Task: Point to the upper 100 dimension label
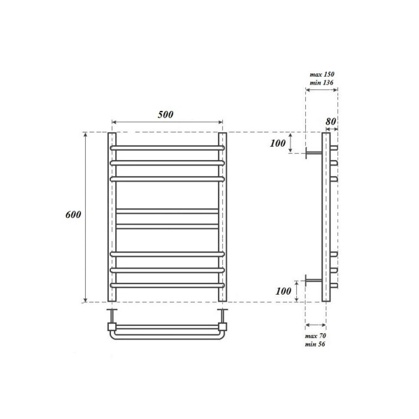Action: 277,143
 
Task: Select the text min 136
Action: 321,82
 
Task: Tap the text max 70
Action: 316,337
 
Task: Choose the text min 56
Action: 316,345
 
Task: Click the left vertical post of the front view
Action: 111,217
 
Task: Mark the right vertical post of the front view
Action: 223,217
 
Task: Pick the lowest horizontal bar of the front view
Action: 167,286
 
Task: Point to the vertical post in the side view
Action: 325,217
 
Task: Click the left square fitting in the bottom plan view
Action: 112,325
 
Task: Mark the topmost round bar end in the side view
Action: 335,149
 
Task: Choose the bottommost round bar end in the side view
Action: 335,286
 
